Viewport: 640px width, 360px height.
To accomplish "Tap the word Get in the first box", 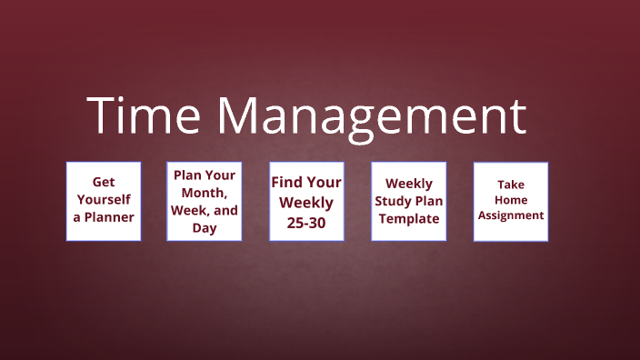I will pos(104,182).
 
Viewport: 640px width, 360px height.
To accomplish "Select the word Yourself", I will pos(104,199).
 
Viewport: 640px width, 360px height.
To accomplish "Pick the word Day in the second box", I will pos(205,228).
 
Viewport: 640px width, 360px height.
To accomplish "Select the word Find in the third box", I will pos(288,182).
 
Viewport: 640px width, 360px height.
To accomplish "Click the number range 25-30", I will pos(306,222).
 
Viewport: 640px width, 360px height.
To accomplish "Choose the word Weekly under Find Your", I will pos(306,202).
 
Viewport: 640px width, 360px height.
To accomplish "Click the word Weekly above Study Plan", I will pos(408,184).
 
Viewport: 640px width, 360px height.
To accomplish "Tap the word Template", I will pos(408,219).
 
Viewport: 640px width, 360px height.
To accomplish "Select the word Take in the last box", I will pos(510,185).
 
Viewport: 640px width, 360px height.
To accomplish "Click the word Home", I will pos(510,200).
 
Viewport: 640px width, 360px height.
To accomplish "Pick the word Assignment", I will pos(511,215).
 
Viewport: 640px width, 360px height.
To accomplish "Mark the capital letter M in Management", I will pos(238,116).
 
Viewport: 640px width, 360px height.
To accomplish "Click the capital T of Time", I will pos(102,116).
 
